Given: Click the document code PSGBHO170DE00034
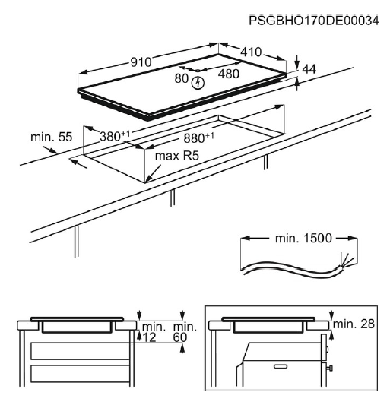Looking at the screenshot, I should coord(312,20).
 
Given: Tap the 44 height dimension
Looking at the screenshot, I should coord(309,69).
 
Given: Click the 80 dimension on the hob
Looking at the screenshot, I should coord(182,78).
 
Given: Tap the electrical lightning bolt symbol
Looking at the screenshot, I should coord(200,82).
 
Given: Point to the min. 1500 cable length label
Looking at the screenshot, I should coord(293,239).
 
